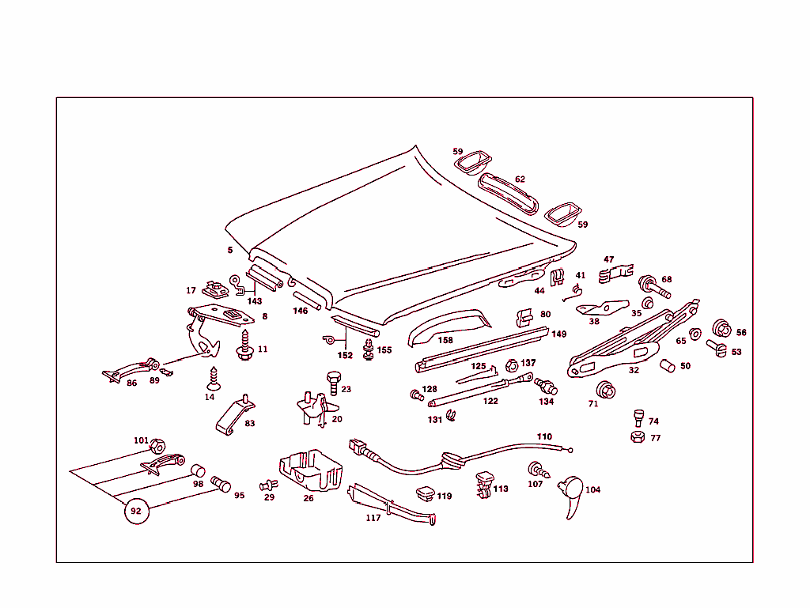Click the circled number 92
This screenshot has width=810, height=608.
[136, 511]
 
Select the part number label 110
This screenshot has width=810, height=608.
[544, 436]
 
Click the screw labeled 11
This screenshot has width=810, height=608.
[245, 346]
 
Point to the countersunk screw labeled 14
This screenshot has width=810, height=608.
[213, 379]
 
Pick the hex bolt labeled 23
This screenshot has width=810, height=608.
[333, 383]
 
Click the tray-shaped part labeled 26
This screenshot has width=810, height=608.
[310, 470]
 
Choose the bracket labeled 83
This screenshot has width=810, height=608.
[235, 416]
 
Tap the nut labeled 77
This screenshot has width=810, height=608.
[638, 437]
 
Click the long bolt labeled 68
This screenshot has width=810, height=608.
[654, 287]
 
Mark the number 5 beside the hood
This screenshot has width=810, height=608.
[230, 250]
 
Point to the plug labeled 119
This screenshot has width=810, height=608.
[426, 493]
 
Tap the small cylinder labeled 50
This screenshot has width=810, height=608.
[668, 365]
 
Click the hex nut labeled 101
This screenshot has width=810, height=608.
[157, 446]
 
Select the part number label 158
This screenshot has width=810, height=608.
[445, 340]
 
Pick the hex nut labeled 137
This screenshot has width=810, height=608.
[512, 366]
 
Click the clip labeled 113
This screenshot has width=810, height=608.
[484, 485]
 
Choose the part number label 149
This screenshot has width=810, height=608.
[559, 334]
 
